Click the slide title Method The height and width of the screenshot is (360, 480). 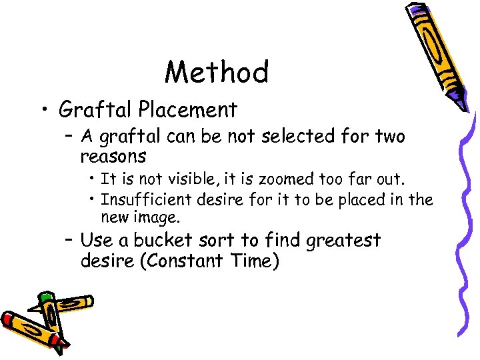click(217, 72)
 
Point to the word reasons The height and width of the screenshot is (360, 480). click(113, 157)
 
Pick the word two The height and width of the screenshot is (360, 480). click(389, 137)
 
